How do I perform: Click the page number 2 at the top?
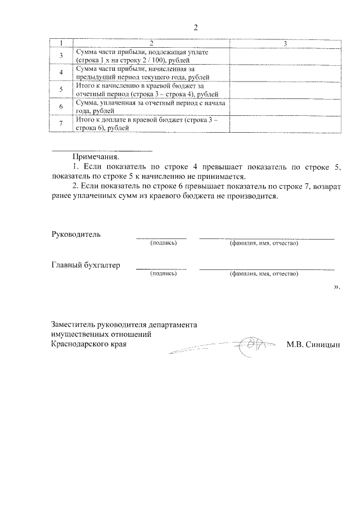pos(195,28)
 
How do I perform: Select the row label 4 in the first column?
pos(61,72)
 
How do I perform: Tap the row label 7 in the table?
pos(61,124)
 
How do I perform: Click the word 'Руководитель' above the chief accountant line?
pos(76,234)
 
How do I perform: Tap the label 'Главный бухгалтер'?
pos(85,265)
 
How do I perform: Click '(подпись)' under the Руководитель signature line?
pos(163,244)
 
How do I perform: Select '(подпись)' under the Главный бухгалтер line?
pos(163,274)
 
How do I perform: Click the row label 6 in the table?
pos(61,106)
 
